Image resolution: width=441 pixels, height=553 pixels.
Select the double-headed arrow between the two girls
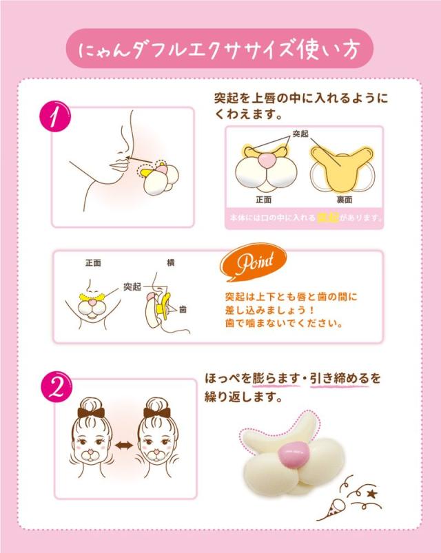(125, 446)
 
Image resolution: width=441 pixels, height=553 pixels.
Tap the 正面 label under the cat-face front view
(264, 200)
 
